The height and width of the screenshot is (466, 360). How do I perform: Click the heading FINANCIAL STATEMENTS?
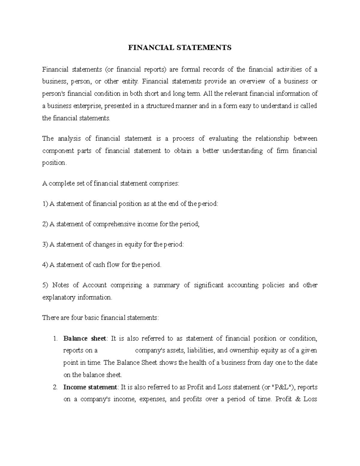click(x=180, y=48)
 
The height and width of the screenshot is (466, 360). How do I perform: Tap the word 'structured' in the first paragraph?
click(x=160, y=106)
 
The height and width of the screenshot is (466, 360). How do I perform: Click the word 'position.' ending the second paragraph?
click(x=54, y=163)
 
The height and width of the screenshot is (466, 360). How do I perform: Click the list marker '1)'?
click(x=45, y=204)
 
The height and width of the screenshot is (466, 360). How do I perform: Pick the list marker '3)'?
click(x=45, y=245)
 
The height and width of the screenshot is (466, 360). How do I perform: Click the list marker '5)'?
click(x=45, y=285)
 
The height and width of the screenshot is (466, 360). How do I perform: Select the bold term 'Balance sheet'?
click(x=84, y=338)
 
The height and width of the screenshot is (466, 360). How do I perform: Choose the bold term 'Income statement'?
click(x=90, y=387)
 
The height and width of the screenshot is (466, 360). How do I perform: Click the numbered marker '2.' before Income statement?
click(x=55, y=387)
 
